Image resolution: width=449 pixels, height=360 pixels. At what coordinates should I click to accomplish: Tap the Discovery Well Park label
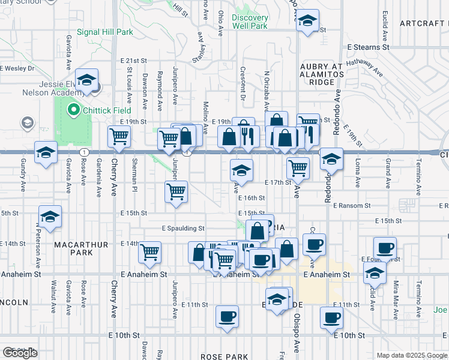click(250, 22)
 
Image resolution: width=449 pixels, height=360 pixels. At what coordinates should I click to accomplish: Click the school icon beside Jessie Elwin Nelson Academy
click(87, 80)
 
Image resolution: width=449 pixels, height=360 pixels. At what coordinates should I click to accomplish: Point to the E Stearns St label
click(368, 47)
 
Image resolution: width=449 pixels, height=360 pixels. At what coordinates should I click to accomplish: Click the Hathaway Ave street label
click(365, 64)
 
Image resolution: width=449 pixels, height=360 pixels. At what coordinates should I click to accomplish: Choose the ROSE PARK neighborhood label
click(220, 356)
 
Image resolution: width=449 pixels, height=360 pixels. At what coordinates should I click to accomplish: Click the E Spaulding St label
click(183, 228)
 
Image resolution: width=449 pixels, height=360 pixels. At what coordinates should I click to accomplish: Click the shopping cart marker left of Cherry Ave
click(119, 137)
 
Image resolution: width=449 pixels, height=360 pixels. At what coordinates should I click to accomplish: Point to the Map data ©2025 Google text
click(411, 355)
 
